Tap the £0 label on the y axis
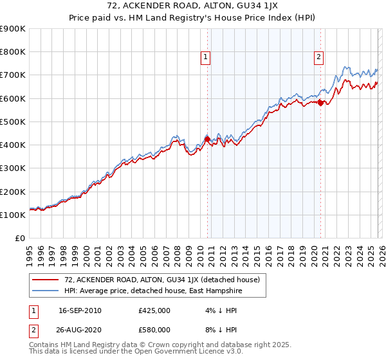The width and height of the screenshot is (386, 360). (x=20, y=238)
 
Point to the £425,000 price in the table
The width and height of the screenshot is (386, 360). (x=154, y=310)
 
